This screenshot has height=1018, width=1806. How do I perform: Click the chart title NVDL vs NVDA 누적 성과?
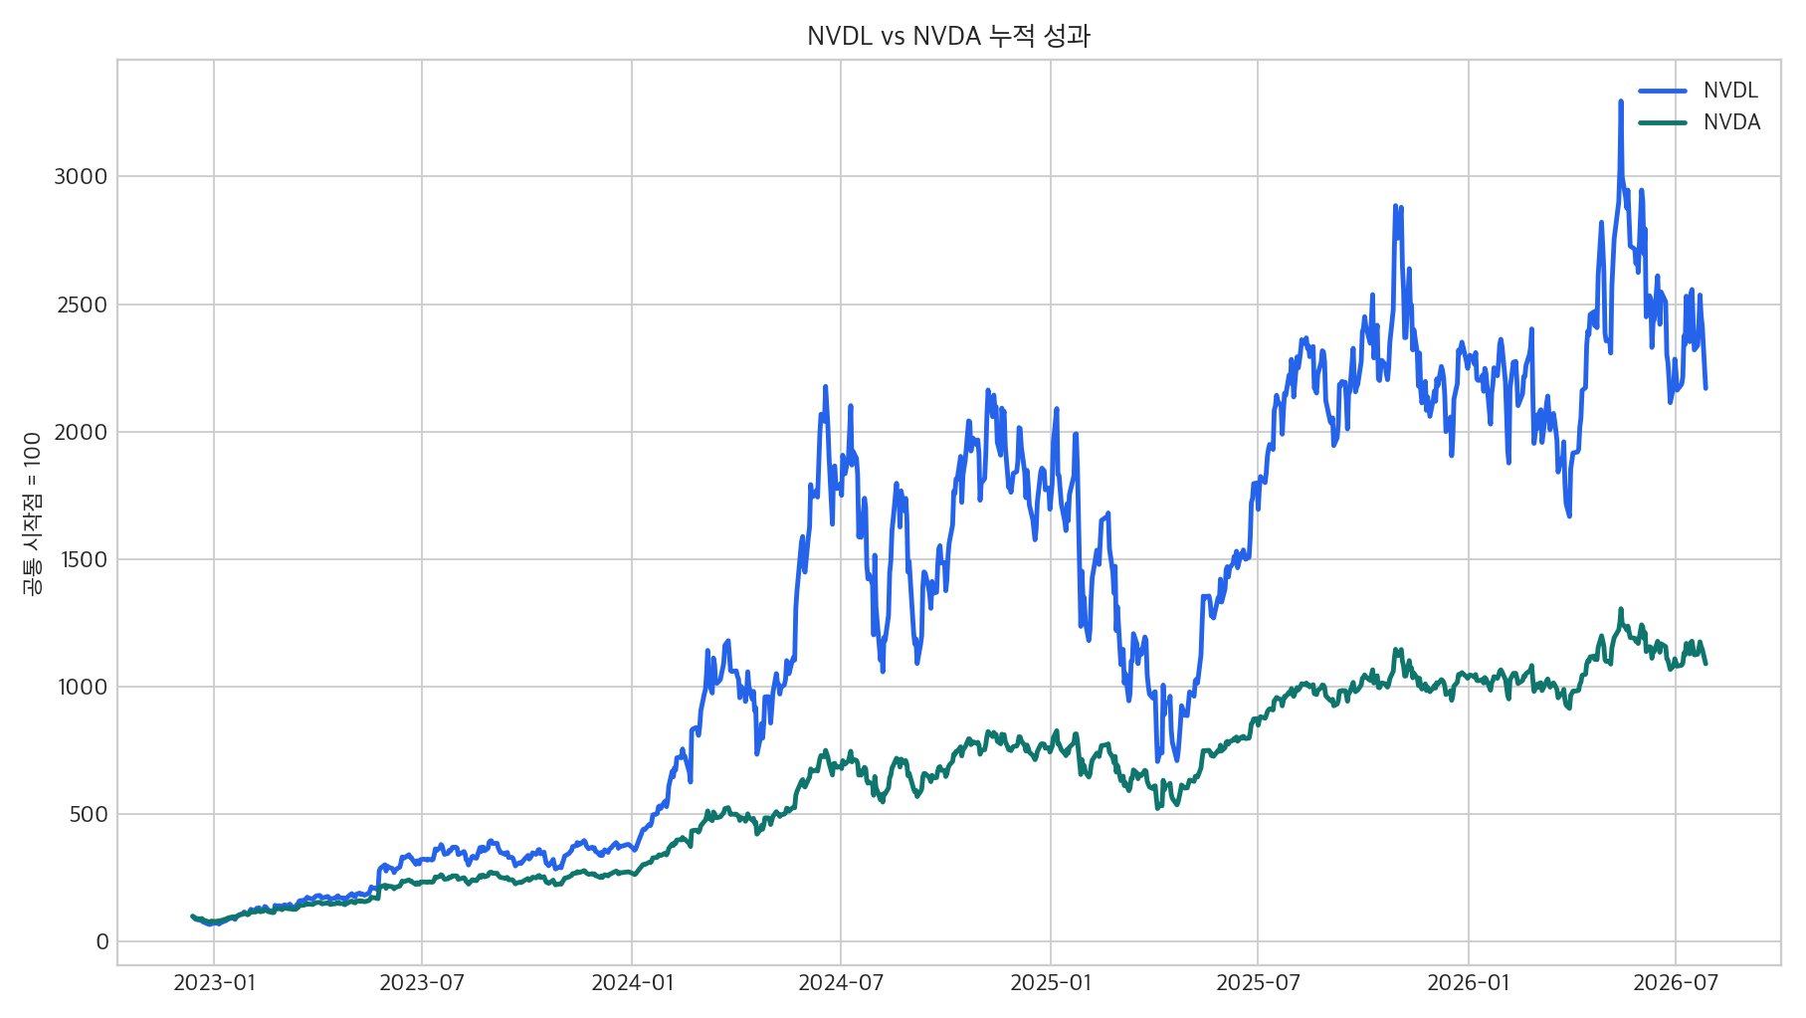(948, 37)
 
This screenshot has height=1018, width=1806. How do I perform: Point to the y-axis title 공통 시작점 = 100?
(33, 513)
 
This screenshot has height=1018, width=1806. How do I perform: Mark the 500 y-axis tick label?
(89, 814)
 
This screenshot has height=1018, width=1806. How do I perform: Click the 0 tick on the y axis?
(101, 941)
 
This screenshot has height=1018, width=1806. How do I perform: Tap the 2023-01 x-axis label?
(214, 983)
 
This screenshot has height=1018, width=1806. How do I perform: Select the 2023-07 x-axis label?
(422, 983)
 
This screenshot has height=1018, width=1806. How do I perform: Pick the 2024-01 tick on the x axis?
(632, 983)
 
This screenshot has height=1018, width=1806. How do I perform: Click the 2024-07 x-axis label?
(841, 983)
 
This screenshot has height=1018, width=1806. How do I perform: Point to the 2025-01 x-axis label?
(1051, 983)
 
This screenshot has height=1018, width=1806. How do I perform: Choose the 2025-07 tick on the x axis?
(1258, 983)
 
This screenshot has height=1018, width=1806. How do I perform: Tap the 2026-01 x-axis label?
(1469, 983)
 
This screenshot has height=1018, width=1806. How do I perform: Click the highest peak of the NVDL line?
(1620, 102)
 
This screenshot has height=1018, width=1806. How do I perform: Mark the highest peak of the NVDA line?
(1620, 609)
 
